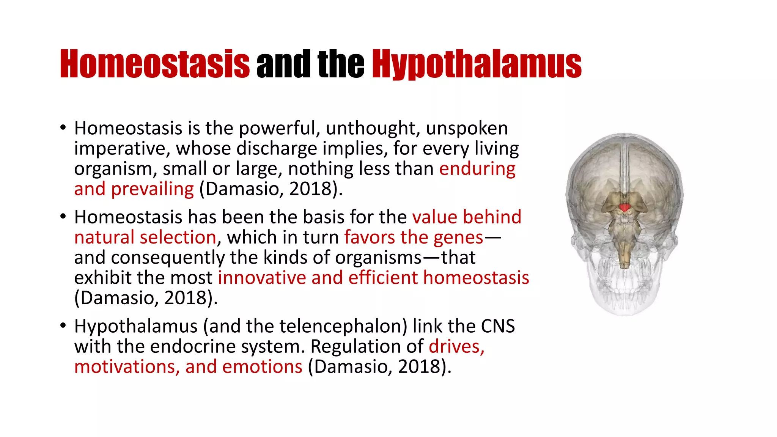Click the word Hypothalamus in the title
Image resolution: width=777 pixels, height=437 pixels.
(477, 64)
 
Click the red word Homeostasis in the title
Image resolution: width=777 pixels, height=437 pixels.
(155, 64)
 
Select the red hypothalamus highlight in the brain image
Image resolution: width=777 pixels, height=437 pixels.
(624, 207)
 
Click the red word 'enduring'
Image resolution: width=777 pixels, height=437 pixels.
(477, 169)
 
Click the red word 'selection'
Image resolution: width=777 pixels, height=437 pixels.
(178, 237)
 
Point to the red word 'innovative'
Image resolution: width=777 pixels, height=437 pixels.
(262, 278)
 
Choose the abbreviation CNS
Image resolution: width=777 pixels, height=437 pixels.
(498, 326)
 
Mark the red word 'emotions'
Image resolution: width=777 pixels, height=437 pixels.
(262, 367)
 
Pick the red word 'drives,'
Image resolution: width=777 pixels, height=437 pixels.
(456, 346)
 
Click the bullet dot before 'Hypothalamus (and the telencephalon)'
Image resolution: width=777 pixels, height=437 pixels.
(63, 325)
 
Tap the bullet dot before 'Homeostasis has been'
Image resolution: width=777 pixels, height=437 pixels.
(63, 217)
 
